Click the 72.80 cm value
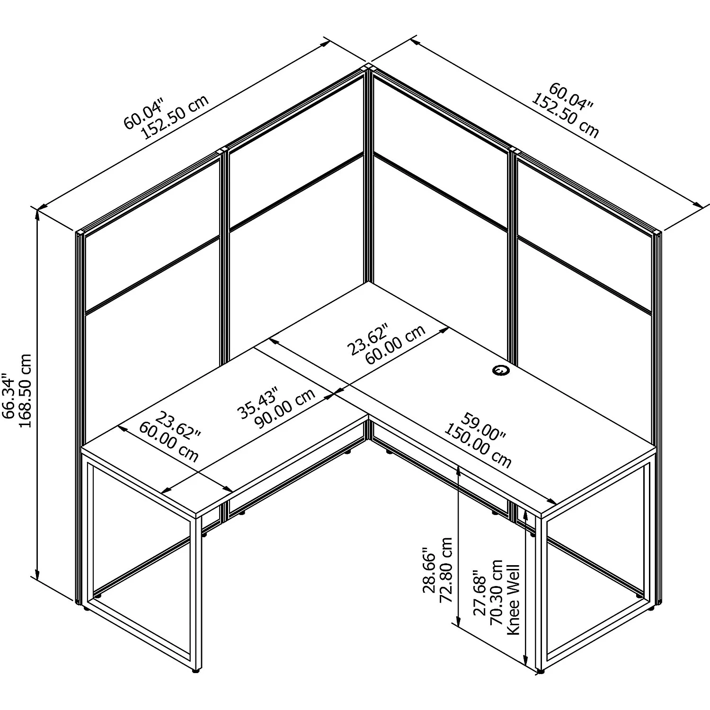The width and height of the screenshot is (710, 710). [446, 569]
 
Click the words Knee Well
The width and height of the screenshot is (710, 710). [514, 599]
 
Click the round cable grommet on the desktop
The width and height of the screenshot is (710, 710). [500, 370]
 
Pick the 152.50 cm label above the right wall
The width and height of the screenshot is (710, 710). [566, 117]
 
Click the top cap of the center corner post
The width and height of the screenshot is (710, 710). [368, 67]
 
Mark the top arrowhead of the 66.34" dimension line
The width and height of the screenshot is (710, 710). [37, 214]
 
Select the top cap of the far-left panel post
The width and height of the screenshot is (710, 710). [80, 232]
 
